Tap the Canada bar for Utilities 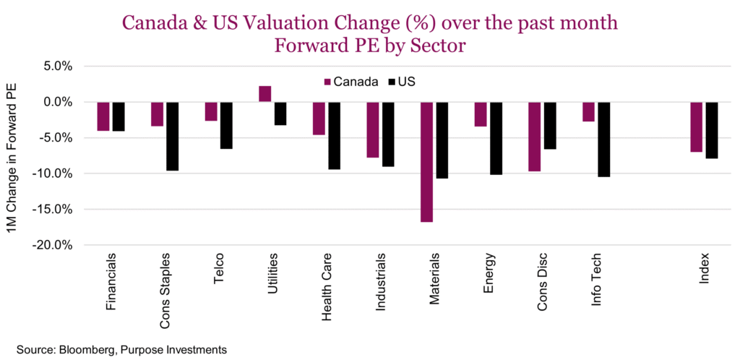click(265, 94)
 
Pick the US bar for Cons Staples click(172, 137)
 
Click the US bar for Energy click(496, 139)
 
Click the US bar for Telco click(226, 126)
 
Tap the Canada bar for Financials click(103, 116)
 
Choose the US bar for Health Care click(334, 136)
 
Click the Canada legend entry click(350, 82)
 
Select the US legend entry click(401, 82)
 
